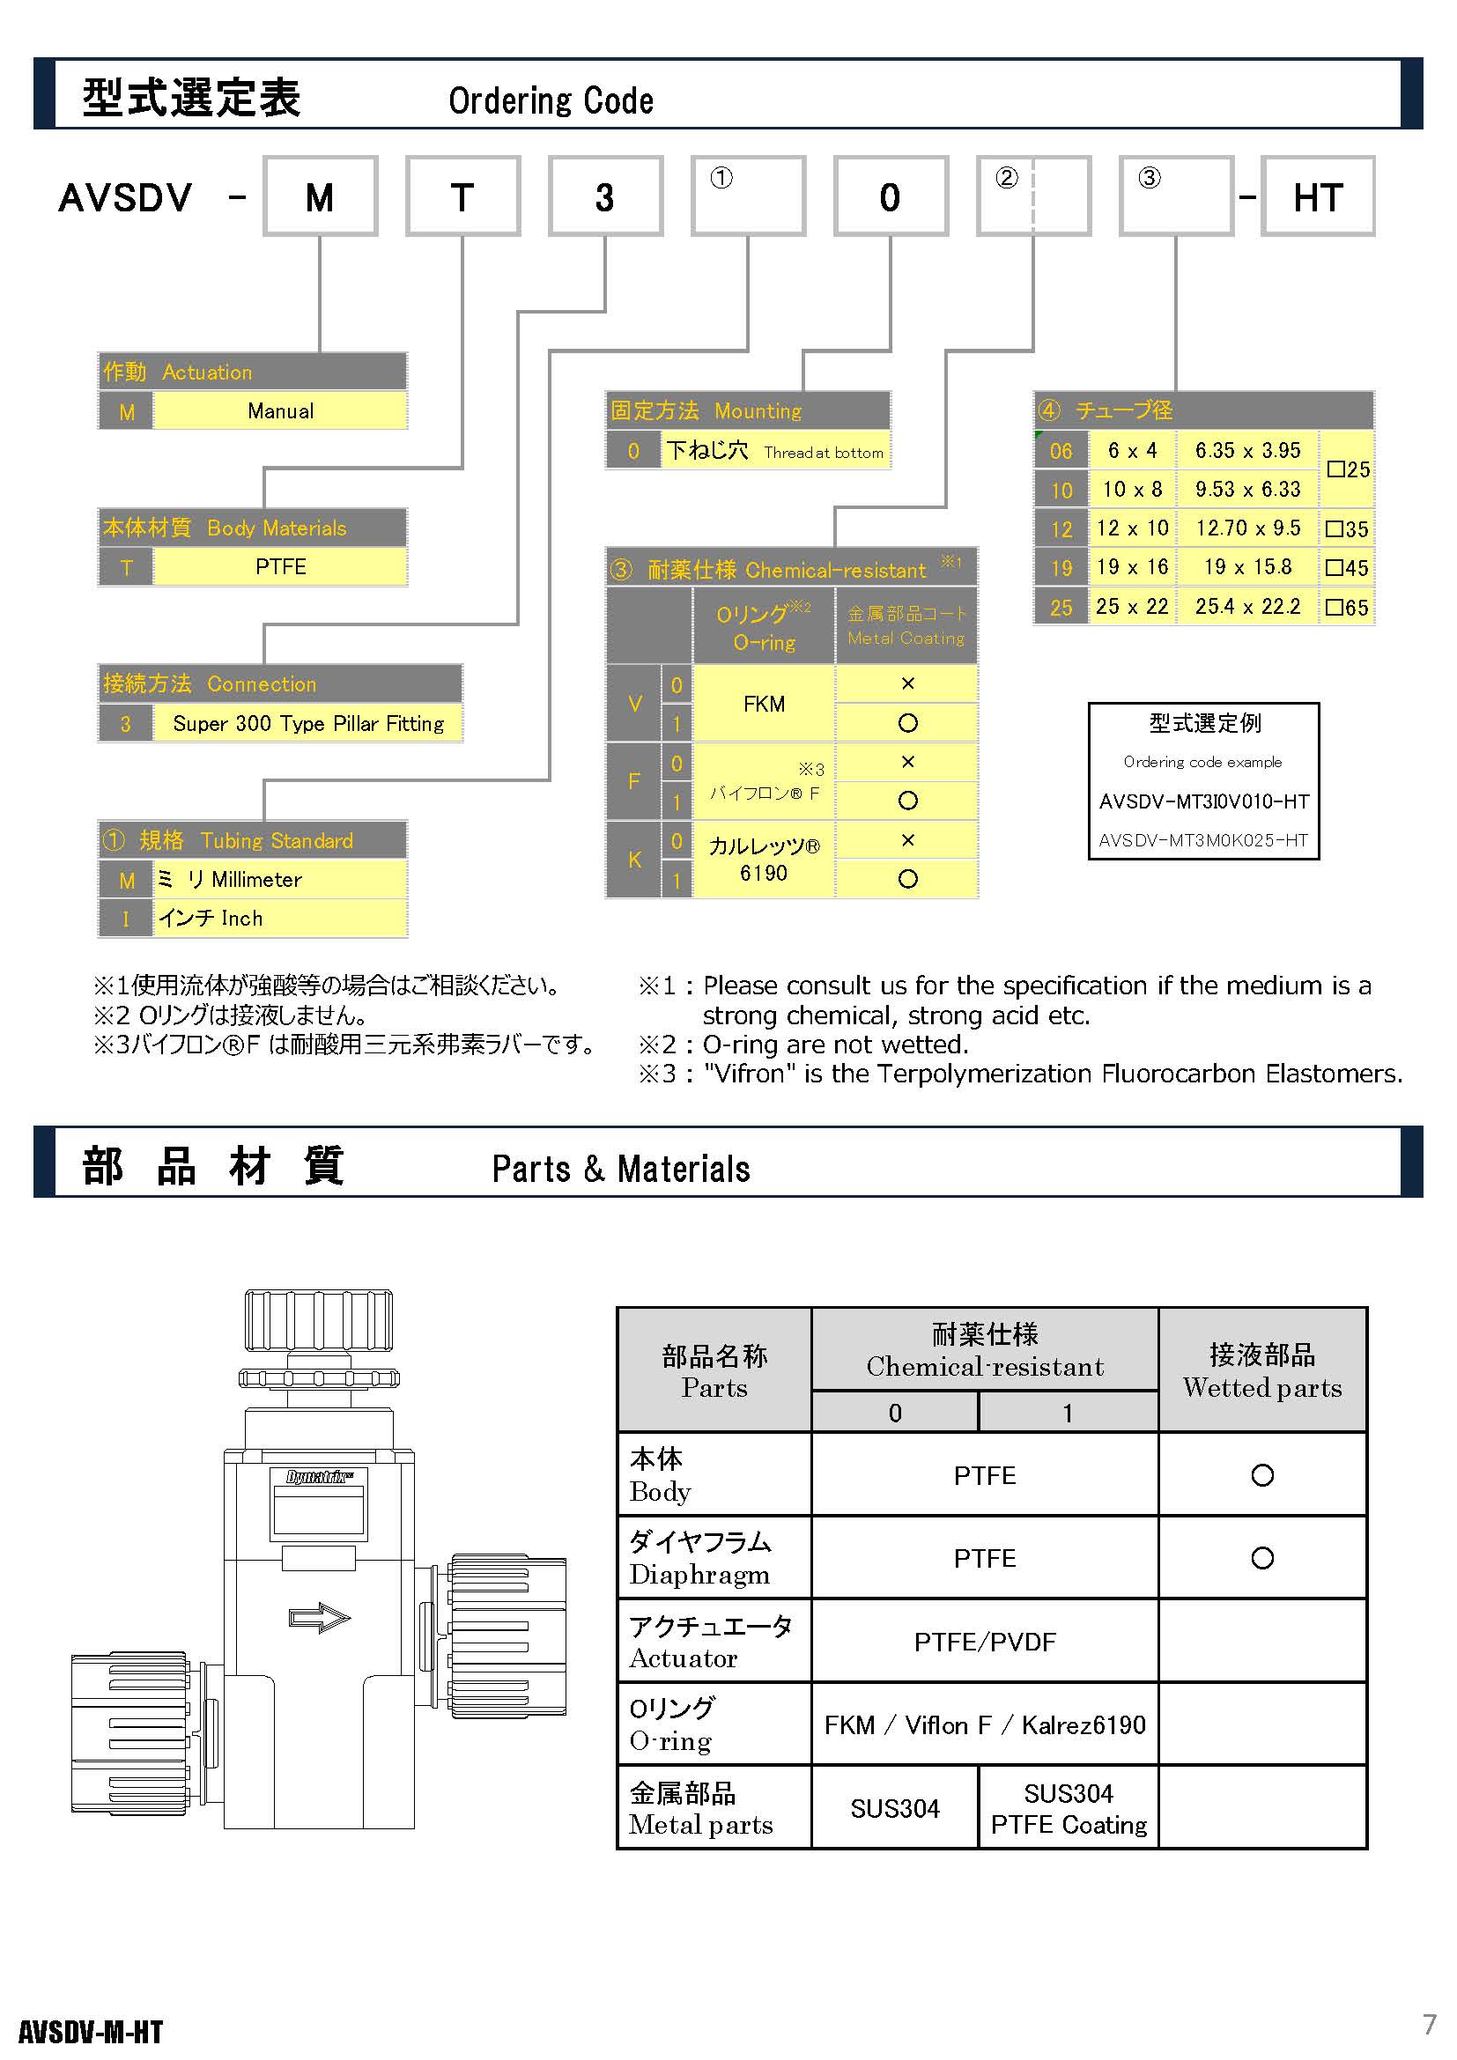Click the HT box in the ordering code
[1317, 196]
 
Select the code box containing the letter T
[463, 196]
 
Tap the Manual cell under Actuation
[280, 411]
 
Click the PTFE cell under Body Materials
[280, 567]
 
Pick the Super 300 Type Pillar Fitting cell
[307, 723]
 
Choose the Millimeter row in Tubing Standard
[253, 879]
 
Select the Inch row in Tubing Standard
[253, 918]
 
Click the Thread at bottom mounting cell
[775, 450]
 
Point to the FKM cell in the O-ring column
[765, 704]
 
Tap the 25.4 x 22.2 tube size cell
[1247, 607]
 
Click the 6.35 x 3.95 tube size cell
[1247, 450]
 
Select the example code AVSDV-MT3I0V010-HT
[1204, 801]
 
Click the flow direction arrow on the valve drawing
[320, 1618]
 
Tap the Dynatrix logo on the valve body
[320, 1476]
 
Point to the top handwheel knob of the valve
[319, 1321]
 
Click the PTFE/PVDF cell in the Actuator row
[984, 1641]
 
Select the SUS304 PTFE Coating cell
[1069, 1808]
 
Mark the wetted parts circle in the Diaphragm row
[1262, 1558]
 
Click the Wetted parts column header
[1262, 1370]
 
